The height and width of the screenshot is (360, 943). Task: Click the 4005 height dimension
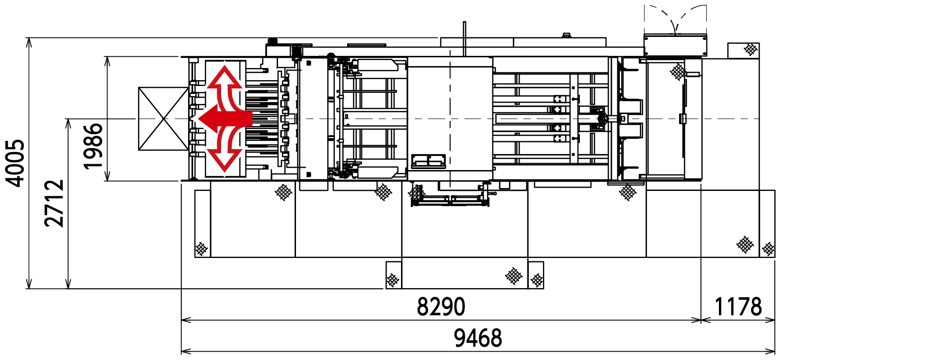pyautogui.click(x=15, y=163)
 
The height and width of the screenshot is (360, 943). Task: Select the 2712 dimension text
pyautogui.click(x=54, y=203)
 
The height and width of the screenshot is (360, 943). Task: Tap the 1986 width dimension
pyautogui.click(x=93, y=146)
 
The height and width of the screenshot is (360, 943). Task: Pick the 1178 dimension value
pyautogui.click(x=738, y=307)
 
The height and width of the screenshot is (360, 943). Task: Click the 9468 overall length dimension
pyautogui.click(x=478, y=338)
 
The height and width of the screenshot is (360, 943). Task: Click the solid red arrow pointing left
pyautogui.click(x=225, y=119)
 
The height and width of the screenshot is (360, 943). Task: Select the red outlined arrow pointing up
pyautogui.click(x=224, y=87)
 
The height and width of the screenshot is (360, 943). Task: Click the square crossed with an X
pyautogui.click(x=163, y=119)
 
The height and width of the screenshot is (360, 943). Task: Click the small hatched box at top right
pyautogui.click(x=743, y=51)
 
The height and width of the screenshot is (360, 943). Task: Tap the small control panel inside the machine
pyautogui.click(x=428, y=161)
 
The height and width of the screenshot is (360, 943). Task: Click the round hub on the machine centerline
pyautogui.click(x=602, y=119)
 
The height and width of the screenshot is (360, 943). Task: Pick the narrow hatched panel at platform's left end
pyautogui.click(x=202, y=223)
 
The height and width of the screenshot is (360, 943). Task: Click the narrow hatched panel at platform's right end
pyautogui.click(x=767, y=223)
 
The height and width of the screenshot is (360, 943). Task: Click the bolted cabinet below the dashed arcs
pyautogui.click(x=675, y=45)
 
